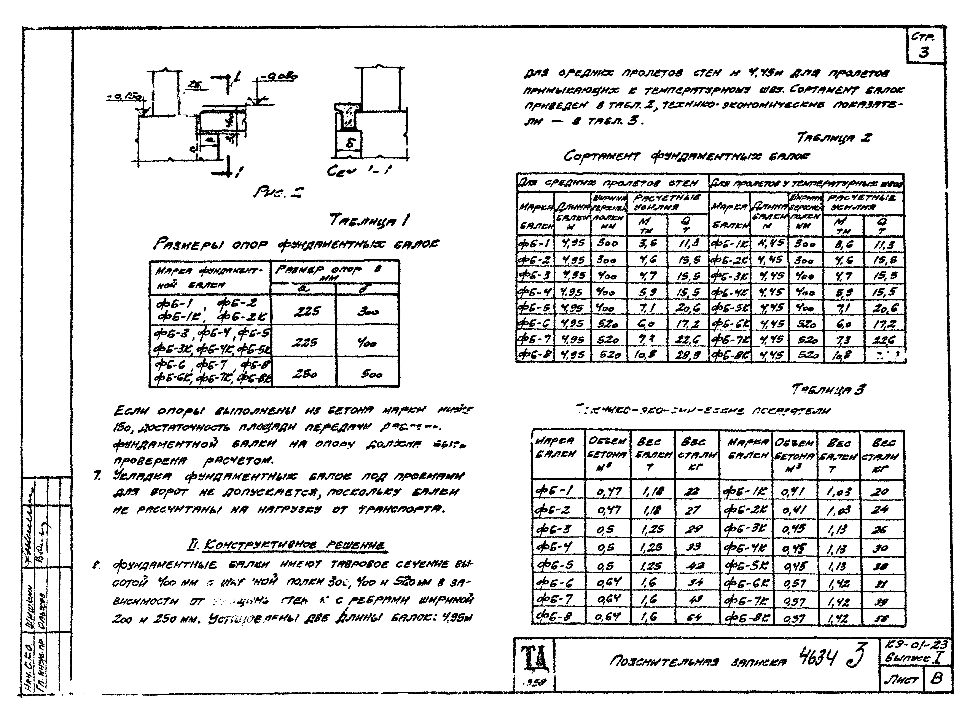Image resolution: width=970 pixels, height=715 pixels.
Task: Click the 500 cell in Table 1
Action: click(x=371, y=374)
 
